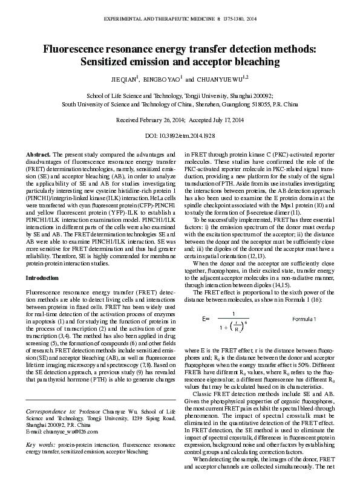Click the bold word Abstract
[x=38, y=155]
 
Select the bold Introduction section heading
[x=42, y=278]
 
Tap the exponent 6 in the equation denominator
[x=246, y=323]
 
